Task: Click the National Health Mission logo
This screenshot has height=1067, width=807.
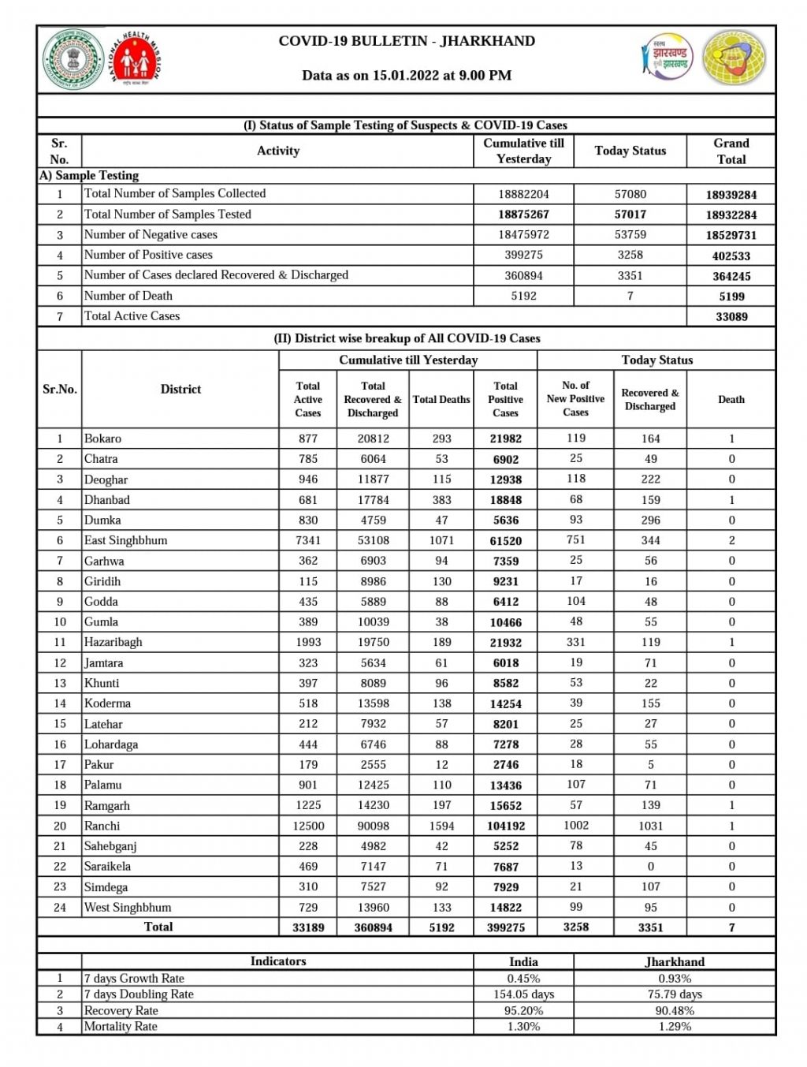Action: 135,58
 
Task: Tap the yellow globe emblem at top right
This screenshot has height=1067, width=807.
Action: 734,58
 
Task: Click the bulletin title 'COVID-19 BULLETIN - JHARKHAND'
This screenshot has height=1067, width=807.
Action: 407,41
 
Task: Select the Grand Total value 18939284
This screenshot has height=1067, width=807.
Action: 731,195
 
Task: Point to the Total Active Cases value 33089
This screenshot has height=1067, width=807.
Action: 731,317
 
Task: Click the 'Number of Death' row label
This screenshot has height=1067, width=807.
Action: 128,296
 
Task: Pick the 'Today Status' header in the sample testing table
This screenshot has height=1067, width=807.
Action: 630,151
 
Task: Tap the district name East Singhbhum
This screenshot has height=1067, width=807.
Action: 126,540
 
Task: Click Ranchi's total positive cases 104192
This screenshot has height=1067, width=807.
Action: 505,826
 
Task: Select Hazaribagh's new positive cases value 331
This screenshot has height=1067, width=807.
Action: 575,642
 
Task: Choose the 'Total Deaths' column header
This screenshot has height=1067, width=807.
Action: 441,400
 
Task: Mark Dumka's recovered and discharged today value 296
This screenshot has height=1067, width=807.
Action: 650,520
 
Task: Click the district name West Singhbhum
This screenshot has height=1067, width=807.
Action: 128,907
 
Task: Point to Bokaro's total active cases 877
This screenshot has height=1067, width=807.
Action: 308,438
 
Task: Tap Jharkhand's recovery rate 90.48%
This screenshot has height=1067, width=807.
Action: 674,1010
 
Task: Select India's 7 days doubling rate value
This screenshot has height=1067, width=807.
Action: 523,994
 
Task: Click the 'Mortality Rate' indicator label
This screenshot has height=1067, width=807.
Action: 121,1026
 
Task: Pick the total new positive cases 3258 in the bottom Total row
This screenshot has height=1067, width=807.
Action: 575,927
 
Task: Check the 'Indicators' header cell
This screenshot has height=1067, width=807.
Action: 277,961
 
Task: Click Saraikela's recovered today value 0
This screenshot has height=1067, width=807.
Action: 650,867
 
